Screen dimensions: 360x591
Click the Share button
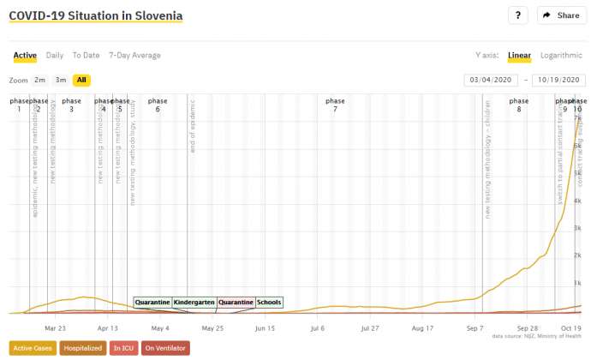(561, 15)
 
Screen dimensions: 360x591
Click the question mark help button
(518, 15)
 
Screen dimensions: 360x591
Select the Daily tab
(54, 56)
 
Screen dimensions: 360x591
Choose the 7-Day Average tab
(134, 56)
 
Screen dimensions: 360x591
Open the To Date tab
(86, 56)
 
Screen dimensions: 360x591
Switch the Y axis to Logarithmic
(561, 56)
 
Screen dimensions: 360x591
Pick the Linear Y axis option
(519, 56)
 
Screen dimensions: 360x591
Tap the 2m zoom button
(40, 80)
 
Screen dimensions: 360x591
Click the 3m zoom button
(61, 80)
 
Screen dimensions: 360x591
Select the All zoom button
(81, 80)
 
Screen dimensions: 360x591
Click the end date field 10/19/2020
(558, 80)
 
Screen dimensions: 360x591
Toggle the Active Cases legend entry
(32, 348)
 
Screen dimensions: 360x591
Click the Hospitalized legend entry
(83, 348)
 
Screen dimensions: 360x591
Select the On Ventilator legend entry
(165, 348)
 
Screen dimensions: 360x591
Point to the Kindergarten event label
(194, 303)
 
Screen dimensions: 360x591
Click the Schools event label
(269, 303)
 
